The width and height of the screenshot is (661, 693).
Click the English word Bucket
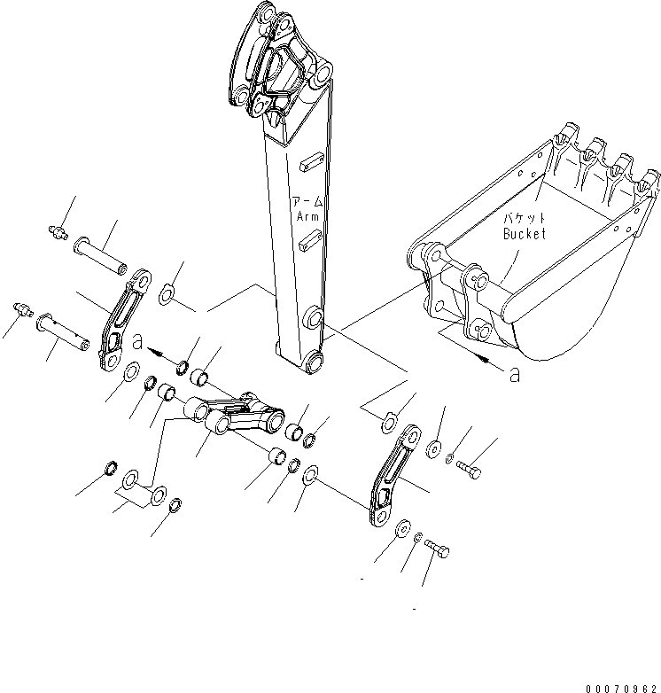coord(525,234)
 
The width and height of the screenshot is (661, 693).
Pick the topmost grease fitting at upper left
coord(55,232)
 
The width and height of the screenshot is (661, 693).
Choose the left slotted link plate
coord(121,324)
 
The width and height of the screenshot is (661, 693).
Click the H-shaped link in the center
coord(237,417)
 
